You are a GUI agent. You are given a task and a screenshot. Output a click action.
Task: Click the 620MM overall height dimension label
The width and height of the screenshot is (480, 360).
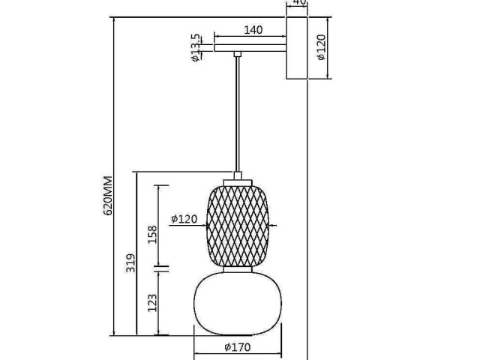click(108, 196)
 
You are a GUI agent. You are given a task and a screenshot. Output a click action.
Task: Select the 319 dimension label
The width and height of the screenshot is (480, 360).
click(131, 262)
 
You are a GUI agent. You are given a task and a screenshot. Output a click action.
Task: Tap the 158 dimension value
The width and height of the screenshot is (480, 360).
click(152, 235)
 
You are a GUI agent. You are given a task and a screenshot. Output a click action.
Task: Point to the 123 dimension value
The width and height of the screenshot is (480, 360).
click(152, 302)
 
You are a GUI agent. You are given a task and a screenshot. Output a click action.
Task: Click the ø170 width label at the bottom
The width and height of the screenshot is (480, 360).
click(237, 347)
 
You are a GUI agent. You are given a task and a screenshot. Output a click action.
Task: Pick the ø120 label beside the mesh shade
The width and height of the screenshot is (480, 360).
click(184, 219)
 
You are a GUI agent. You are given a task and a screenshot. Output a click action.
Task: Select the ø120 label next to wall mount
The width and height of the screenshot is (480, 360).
click(322, 46)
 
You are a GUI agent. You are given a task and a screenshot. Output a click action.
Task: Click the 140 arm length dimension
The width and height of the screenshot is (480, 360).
click(253, 30)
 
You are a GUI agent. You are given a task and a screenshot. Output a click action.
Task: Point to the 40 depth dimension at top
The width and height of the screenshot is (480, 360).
click(298, 4)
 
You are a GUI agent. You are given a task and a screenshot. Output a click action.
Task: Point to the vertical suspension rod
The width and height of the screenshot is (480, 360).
click(238, 112)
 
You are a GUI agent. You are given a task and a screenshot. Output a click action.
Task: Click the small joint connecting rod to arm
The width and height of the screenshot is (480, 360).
click(237, 54)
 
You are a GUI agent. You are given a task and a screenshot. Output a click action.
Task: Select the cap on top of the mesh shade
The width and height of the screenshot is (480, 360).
click(237, 179)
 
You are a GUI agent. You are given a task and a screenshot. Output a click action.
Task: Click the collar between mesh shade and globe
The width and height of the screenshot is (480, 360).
click(237, 268)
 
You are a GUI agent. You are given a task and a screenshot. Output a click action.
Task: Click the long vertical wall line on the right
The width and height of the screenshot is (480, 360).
click(307, 225)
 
